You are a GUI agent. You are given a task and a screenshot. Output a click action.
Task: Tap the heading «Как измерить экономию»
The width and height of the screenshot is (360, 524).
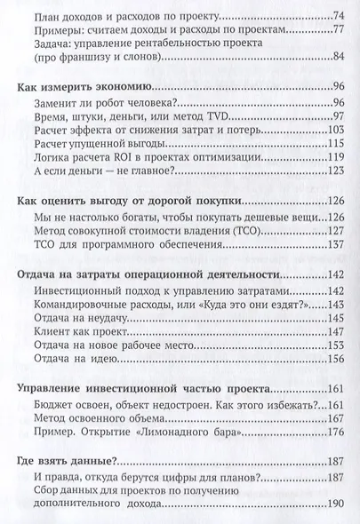[x=84, y=86]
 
